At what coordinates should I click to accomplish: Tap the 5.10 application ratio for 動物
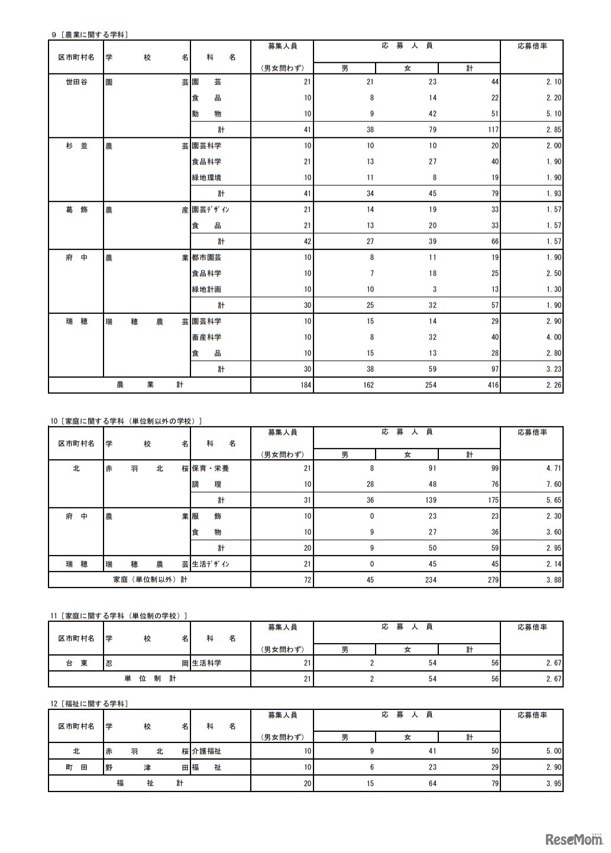(x=554, y=114)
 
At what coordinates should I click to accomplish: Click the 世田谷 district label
(x=76, y=82)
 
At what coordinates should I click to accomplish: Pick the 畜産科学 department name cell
(x=206, y=338)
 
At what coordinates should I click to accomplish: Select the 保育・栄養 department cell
(x=210, y=469)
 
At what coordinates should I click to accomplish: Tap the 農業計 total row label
(x=150, y=385)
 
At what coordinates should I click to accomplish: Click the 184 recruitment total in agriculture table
(x=304, y=385)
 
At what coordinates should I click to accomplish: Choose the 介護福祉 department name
(x=206, y=751)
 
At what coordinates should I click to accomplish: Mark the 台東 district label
(x=76, y=663)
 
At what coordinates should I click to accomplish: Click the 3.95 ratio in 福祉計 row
(x=554, y=784)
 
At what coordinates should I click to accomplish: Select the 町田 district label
(x=76, y=767)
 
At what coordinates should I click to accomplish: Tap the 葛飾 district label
(x=76, y=210)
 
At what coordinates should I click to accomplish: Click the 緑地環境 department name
(x=206, y=178)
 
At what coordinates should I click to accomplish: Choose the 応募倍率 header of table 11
(x=532, y=627)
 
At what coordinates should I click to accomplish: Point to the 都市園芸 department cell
(x=206, y=258)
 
